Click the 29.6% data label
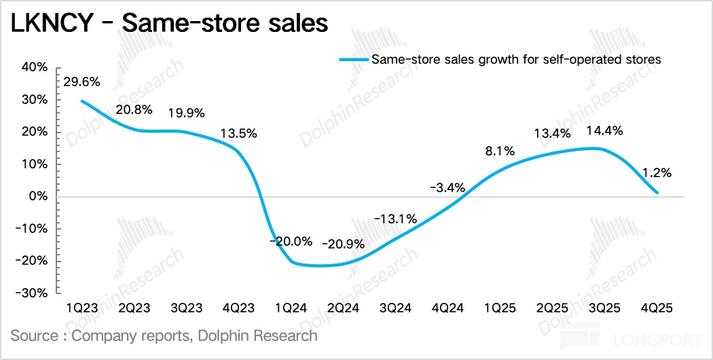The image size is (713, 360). pyautogui.click(x=81, y=82)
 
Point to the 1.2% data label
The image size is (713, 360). pyautogui.click(x=657, y=173)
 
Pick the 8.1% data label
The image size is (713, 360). pyautogui.click(x=499, y=151)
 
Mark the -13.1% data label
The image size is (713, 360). pyautogui.click(x=394, y=219)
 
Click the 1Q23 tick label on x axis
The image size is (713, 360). pyautogui.click(x=81, y=308)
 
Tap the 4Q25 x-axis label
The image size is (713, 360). pyautogui.click(x=657, y=308)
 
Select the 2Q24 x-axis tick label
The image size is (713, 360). pyautogui.click(x=342, y=308)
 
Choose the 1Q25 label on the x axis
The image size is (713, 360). pyautogui.click(x=500, y=308)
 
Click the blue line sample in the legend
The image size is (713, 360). pyautogui.click(x=353, y=59)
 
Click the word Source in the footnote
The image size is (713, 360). pyautogui.click(x=34, y=335)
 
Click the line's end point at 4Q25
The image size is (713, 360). pyautogui.click(x=657, y=193)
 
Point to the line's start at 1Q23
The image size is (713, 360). pyautogui.click(x=81, y=101)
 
